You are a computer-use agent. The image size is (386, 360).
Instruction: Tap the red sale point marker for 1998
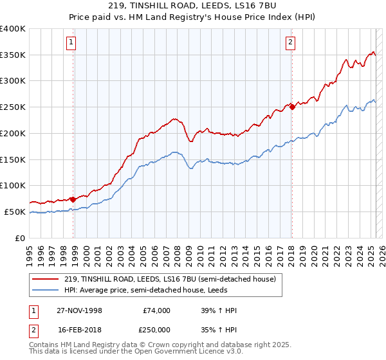pos(73,199)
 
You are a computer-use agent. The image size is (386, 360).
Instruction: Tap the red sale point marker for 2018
pos(292,107)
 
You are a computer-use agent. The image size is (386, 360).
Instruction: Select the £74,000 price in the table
pos(156,310)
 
